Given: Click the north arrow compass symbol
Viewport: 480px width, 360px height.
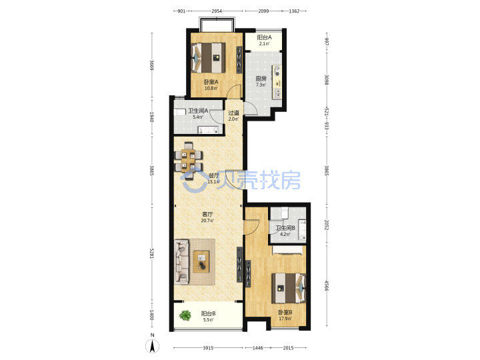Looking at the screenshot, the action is pyautogui.click(x=152, y=346).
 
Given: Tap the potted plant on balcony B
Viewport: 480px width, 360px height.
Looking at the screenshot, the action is pyautogui.click(x=185, y=315).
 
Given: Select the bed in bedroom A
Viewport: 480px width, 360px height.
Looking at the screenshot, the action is pyautogui.click(x=208, y=58).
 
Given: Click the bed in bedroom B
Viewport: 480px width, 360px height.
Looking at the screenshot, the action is pyautogui.click(x=289, y=288).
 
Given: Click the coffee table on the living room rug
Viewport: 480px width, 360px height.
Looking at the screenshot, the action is pyautogui.click(x=201, y=262).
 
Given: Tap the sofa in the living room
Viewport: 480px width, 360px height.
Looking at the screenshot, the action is pyautogui.click(x=181, y=263).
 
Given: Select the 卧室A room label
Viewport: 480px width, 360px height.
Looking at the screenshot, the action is pyautogui.click(x=211, y=82).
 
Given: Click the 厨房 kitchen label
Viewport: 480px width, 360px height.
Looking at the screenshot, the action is pyautogui.click(x=261, y=79).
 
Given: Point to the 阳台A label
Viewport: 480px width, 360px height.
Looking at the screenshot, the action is pyautogui.click(x=264, y=37).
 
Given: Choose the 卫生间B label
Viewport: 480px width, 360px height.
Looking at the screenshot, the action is pyautogui.click(x=285, y=228).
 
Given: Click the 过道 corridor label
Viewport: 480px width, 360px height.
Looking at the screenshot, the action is pyautogui.click(x=233, y=113).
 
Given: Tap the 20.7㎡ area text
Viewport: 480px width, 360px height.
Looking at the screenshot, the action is pyautogui.click(x=207, y=221).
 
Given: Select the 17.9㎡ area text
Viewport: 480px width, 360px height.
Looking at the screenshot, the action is pyautogui.click(x=285, y=319).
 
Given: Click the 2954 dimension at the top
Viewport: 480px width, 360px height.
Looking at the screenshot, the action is pyautogui.click(x=217, y=11).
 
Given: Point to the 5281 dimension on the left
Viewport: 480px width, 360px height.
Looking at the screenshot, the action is pyautogui.click(x=151, y=253).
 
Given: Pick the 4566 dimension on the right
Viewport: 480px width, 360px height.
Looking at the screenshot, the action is pyautogui.click(x=327, y=285).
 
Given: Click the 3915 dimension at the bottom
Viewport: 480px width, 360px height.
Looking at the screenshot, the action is pyautogui.click(x=208, y=348).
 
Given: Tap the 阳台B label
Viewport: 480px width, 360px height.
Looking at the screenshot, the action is pyautogui.click(x=208, y=313).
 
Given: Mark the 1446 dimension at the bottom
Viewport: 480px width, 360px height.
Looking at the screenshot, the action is pyautogui.click(x=258, y=348).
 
